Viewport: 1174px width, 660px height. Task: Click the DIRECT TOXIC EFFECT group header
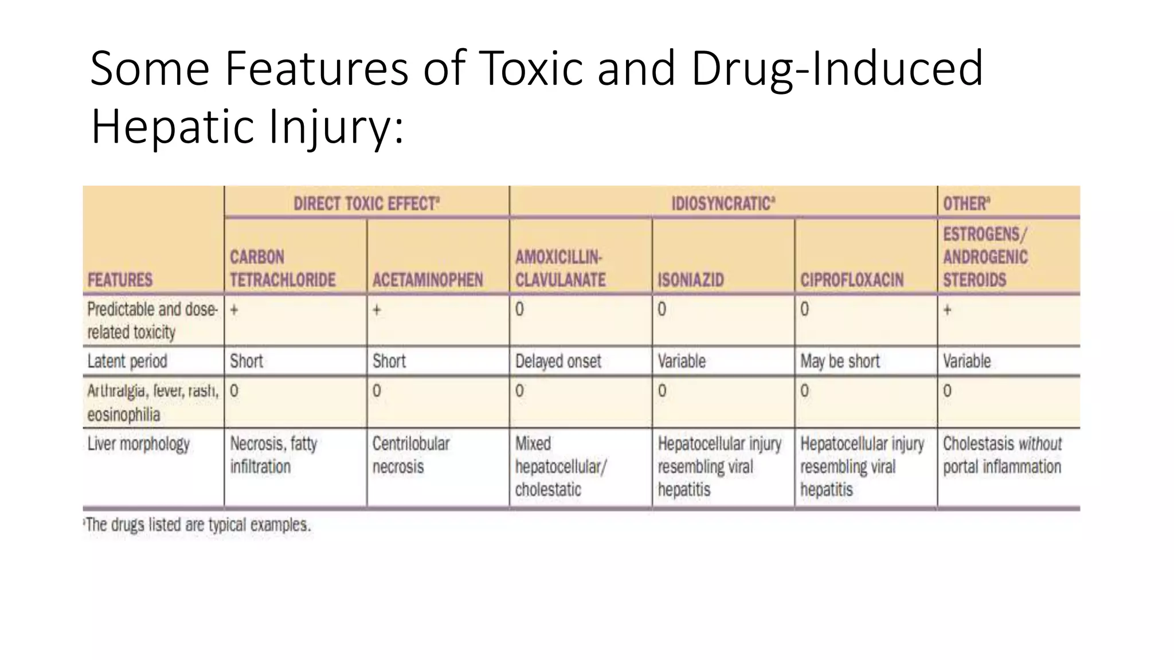[x=366, y=204]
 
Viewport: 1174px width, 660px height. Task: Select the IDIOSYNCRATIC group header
[x=723, y=204]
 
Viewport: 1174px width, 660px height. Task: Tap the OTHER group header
[x=966, y=204]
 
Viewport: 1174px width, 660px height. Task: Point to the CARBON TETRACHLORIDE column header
[x=283, y=268]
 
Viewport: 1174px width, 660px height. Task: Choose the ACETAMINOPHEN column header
[x=428, y=280]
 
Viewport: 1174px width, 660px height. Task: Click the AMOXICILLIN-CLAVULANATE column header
[x=560, y=268]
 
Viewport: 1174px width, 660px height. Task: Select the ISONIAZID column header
[x=690, y=280]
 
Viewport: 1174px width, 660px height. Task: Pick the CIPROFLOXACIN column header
[x=851, y=280]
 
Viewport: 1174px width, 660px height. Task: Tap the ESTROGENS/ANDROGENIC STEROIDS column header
[x=985, y=257]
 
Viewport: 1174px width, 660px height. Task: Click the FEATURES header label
[x=120, y=280]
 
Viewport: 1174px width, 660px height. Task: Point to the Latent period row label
[x=127, y=362]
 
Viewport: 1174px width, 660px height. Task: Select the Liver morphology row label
[x=138, y=444]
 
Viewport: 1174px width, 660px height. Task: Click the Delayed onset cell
[x=558, y=362]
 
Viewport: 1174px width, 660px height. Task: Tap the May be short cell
[x=840, y=362]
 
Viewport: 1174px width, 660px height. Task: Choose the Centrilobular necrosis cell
[x=411, y=455]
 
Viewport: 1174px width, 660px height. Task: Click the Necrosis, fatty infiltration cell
[x=273, y=455]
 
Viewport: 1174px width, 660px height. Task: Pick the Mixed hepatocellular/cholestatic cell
[x=560, y=466]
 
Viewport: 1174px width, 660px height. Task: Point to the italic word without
[x=1040, y=444]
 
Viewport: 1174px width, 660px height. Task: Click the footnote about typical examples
[x=198, y=525]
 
